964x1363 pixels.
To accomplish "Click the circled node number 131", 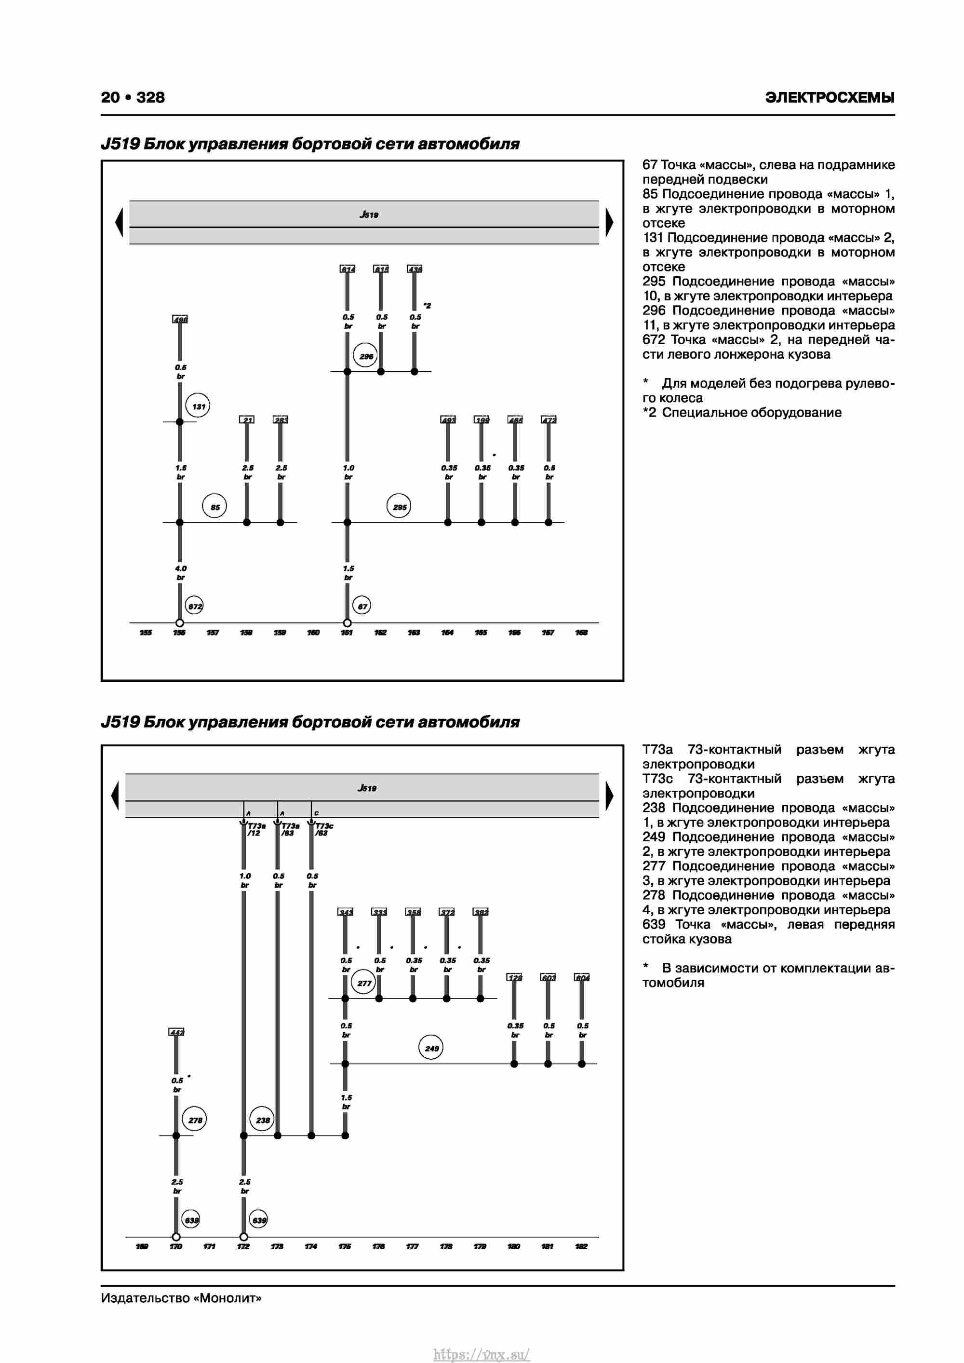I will pos(198,406).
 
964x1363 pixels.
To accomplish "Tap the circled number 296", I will pos(366,356).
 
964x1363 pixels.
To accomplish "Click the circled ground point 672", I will pos(195,606).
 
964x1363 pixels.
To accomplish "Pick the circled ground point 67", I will pos(362,606).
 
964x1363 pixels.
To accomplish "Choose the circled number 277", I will pos(364,983).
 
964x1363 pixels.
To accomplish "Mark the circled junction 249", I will pos(431,1048).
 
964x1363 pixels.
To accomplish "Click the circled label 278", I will pos(195,1120).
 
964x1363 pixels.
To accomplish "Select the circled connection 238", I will pos(262,1120).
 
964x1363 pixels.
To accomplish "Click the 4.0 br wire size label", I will pos(180,572).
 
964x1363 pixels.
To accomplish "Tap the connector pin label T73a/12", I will pos(256,829).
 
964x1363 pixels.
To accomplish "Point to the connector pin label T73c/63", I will pos(323,829).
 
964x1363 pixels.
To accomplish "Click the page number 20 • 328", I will pos(133,97).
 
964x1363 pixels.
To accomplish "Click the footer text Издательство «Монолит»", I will pos(181,1298).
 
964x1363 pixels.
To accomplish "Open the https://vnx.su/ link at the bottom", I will pos(482,1354).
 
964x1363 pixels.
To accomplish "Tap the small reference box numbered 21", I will pos(246,420).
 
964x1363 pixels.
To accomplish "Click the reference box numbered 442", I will pos(176,1032).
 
